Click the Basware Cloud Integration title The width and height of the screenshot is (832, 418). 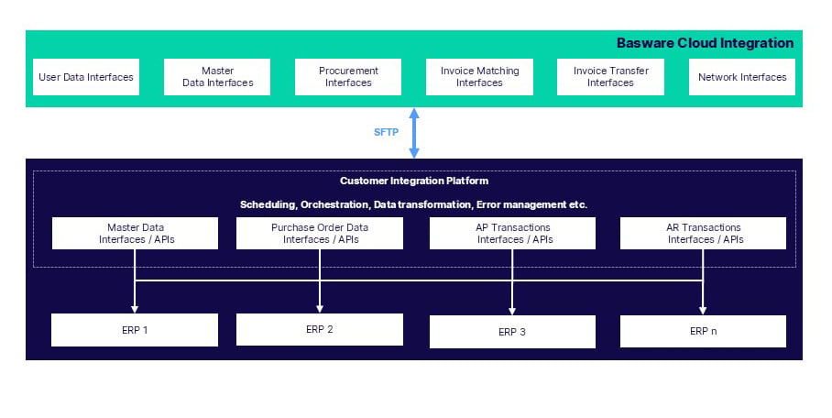[x=705, y=43]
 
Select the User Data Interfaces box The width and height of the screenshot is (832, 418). [x=85, y=77]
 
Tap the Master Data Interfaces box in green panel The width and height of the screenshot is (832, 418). [x=217, y=77]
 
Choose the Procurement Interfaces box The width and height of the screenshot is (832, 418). [x=348, y=77]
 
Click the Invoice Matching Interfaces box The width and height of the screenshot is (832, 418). [x=479, y=77]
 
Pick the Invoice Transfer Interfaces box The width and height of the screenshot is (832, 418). [x=610, y=77]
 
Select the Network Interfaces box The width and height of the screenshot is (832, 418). [x=742, y=77]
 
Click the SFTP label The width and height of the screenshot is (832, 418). [x=386, y=132]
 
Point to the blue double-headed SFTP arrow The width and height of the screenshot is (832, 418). [x=414, y=132]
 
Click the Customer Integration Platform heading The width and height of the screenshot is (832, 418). [x=414, y=181]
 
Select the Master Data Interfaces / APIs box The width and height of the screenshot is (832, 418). [x=135, y=234]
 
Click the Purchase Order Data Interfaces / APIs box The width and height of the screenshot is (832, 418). [x=319, y=234]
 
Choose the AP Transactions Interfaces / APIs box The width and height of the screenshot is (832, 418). [x=512, y=234]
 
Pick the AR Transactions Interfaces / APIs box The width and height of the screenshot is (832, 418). [x=703, y=234]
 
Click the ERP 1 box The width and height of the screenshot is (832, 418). [x=135, y=330]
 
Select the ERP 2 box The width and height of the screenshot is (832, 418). [x=319, y=329]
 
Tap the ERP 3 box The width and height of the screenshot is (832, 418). [x=512, y=332]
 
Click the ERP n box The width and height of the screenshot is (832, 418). [x=703, y=331]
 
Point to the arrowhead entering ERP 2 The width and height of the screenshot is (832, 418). [x=320, y=308]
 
